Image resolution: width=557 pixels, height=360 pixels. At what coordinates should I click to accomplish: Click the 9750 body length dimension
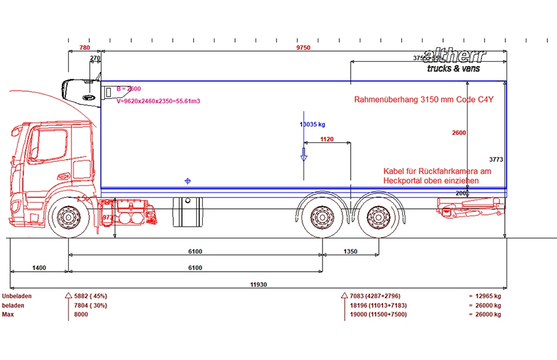coord(303,48)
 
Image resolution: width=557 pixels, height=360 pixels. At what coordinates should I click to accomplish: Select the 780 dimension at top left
coord(85,48)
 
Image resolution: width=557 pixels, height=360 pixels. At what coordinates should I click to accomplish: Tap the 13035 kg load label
coord(312,124)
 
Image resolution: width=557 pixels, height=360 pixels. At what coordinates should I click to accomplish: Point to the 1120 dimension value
coord(327,139)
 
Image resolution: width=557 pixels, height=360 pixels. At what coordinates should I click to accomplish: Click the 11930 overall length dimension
coord(260,284)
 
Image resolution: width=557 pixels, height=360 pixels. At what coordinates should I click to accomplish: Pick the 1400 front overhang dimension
coord(39,268)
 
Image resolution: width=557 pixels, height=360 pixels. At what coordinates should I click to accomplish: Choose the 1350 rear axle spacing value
coord(351,251)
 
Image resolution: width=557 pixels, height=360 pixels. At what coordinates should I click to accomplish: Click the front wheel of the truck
coord(69,218)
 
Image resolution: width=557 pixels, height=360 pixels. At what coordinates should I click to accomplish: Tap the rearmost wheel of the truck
coord(377,218)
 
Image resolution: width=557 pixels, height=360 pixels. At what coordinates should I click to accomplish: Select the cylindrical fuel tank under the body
coord(188,211)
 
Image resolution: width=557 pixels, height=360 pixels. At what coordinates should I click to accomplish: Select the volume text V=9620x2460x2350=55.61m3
coord(158,101)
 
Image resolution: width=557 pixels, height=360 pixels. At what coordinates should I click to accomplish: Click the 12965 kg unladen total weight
coord(488,296)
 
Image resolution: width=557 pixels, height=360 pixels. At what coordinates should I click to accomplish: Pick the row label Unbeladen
coord(17,296)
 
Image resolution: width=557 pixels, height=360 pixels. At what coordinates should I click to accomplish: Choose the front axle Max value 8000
coord(81,314)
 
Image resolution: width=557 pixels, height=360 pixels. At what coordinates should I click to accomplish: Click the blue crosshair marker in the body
coord(188,181)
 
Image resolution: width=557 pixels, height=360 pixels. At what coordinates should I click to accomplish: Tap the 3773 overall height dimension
coord(496,160)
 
